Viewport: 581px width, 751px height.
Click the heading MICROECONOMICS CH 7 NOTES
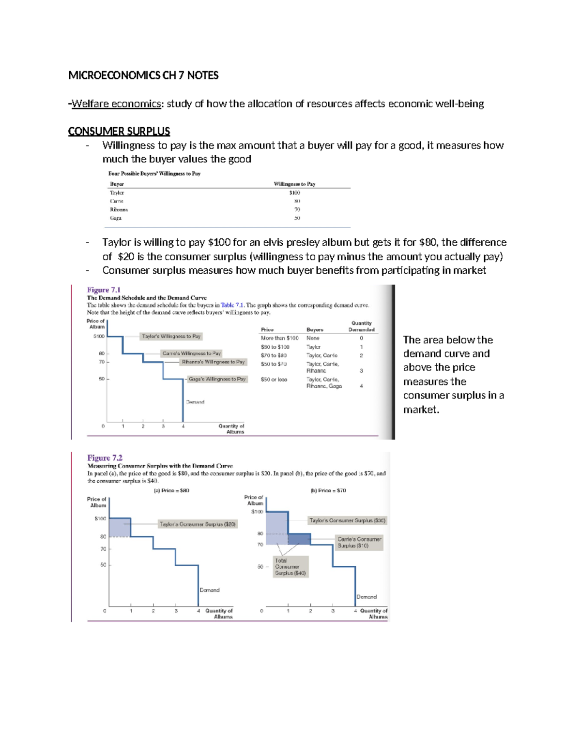[x=143, y=75]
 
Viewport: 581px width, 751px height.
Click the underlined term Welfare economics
[x=116, y=104]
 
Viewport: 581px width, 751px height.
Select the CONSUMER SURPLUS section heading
[x=119, y=132]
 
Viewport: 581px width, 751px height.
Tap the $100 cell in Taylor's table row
[x=295, y=192]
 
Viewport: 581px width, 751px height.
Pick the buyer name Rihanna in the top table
[x=119, y=210]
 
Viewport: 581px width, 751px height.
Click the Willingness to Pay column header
[x=294, y=184]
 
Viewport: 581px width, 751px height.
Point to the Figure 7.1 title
[x=104, y=290]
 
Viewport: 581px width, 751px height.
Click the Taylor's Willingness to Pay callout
[x=171, y=336]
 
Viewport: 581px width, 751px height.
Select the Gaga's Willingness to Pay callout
[x=217, y=379]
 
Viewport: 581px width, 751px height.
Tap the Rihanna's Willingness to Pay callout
[x=213, y=362]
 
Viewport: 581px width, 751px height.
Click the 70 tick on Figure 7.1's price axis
[x=102, y=362]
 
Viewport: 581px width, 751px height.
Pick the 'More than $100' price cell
[x=279, y=338]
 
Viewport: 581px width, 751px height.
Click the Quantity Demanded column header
[x=361, y=326]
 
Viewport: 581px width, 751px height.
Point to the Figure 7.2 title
[x=105, y=457]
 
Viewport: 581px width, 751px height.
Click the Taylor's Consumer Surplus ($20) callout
[x=198, y=524]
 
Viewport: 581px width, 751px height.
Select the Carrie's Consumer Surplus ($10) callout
[x=360, y=542]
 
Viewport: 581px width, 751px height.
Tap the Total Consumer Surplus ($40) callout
[x=290, y=567]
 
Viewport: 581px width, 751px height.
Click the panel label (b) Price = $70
[x=328, y=490]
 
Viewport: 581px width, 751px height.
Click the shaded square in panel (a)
[x=120, y=527]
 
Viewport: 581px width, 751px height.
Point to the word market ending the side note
[x=420, y=410]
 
